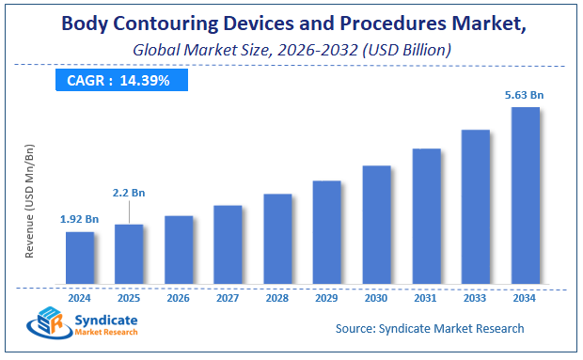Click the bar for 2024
point(80,258)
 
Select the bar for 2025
point(129,254)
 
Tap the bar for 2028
point(277,239)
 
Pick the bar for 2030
point(376,225)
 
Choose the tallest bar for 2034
point(525,196)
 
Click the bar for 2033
point(475,207)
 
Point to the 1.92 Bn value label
point(79,219)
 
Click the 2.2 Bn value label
point(130,192)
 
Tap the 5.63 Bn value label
point(525,94)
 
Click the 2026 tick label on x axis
point(179,297)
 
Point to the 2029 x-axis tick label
point(326,297)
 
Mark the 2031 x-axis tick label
point(426,297)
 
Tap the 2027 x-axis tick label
point(228,297)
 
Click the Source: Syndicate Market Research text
point(430,328)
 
